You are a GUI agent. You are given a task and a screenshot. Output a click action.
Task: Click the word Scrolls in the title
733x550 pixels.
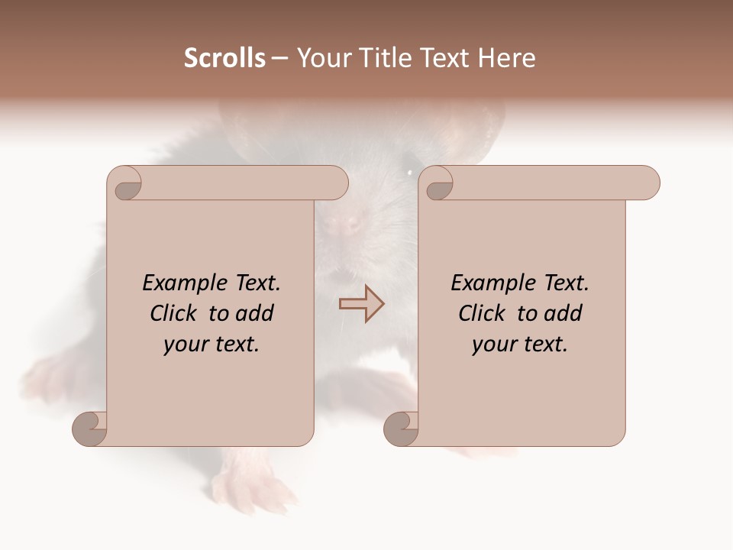224,58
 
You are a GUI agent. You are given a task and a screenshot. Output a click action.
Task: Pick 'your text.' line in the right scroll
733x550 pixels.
520,345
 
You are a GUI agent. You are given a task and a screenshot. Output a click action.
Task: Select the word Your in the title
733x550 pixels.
321,58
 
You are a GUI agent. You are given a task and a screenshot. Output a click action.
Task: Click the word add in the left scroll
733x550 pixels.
255,313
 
